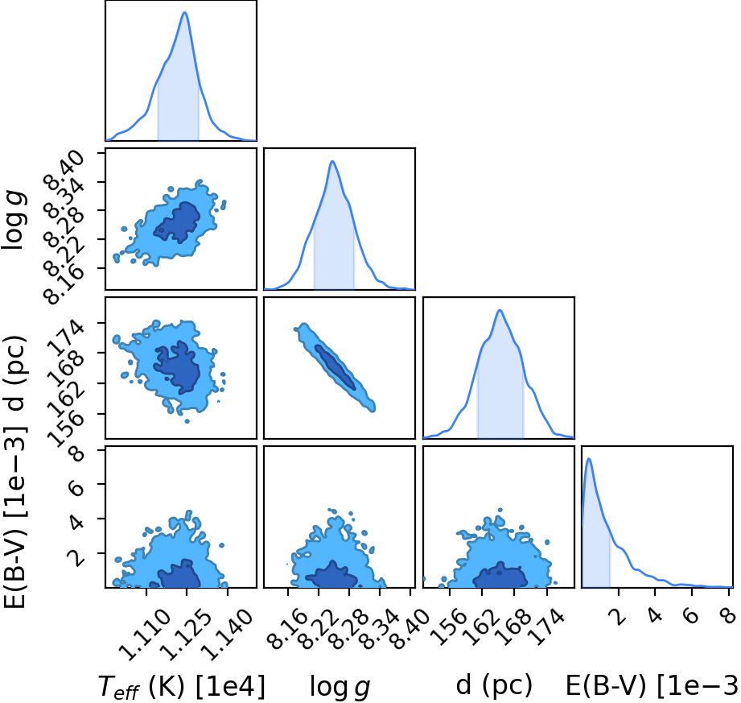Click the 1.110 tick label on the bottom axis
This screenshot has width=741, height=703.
point(145,635)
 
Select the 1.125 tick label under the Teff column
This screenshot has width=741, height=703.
point(185,635)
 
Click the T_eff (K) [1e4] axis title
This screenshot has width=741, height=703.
point(182,686)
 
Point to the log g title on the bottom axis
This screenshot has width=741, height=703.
point(340,687)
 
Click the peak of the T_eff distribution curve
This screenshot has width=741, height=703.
point(185,12)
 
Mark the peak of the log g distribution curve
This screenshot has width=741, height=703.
point(333,161)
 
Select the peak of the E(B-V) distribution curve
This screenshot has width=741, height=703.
point(589,458)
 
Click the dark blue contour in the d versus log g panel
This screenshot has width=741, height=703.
point(335,366)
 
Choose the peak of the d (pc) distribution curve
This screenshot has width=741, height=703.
point(500,310)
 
